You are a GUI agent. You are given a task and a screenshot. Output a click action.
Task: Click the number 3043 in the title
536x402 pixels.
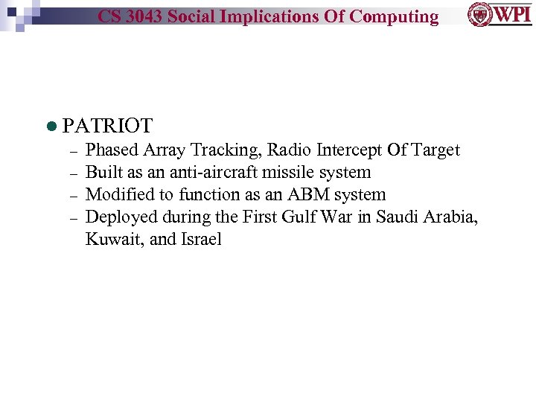[144, 16]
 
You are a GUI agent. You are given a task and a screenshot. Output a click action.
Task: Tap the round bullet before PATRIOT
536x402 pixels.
[51, 127]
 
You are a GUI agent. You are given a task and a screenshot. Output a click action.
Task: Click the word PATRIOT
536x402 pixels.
[108, 126]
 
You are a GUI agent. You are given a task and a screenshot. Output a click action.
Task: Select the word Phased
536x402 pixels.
[112, 150]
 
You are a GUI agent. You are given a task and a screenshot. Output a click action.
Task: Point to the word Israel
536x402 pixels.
[199, 240]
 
